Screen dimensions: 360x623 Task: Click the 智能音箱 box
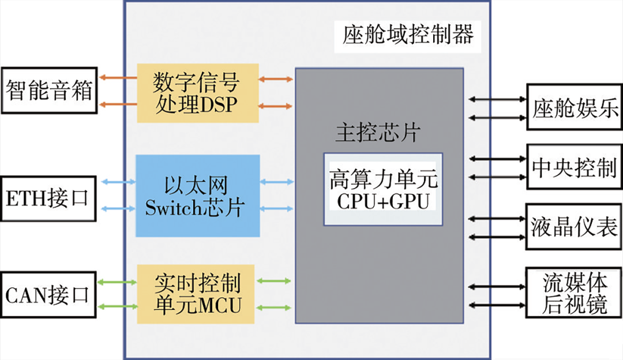tap(49, 91)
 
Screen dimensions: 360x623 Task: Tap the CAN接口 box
tap(49, 295)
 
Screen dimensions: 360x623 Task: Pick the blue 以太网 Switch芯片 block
tap(197, 195)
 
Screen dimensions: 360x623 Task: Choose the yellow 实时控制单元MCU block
tap(196, 294)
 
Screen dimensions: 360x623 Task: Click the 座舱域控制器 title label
tap(408, 35)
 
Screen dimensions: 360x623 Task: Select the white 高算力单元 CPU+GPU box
tap(383, 189)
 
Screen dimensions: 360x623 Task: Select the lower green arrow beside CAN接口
tap(118, 306)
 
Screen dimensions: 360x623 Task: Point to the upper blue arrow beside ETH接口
tap(118, 182)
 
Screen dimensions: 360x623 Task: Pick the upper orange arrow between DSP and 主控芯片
tap(276, 79)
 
